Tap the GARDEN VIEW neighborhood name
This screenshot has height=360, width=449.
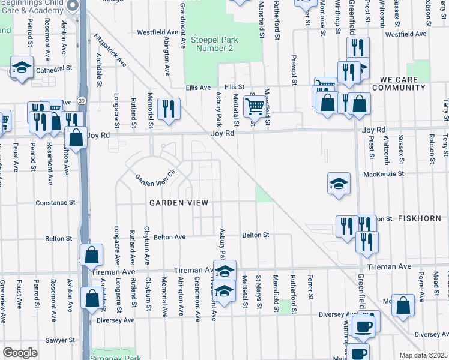click(x=179, y=203)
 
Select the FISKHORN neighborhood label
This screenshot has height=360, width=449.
click(x=418, y=219)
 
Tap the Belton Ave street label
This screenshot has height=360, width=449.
click(x=169, y=237)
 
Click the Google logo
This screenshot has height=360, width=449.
click(x=20, y=353)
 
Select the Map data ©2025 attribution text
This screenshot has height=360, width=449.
click(x=423, y=355)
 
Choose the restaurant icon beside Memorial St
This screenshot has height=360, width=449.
click(x=169, y=109)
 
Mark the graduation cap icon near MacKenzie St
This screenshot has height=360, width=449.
click(x=339, y=183)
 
